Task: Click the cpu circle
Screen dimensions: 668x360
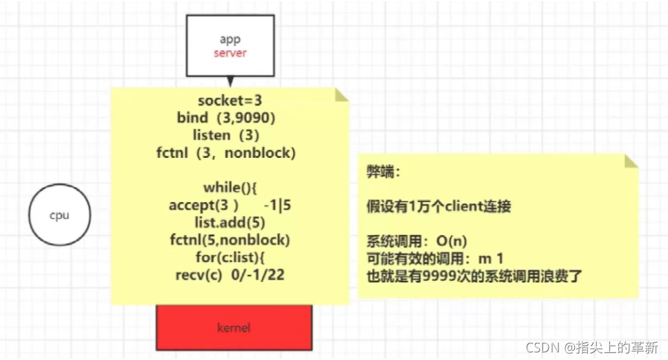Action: [59, 215]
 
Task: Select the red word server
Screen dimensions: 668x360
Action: [230, 53]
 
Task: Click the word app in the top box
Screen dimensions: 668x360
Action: [230, 39]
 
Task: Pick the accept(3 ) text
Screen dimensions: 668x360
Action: [203, 205]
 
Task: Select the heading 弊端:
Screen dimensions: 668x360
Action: [381, 173]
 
